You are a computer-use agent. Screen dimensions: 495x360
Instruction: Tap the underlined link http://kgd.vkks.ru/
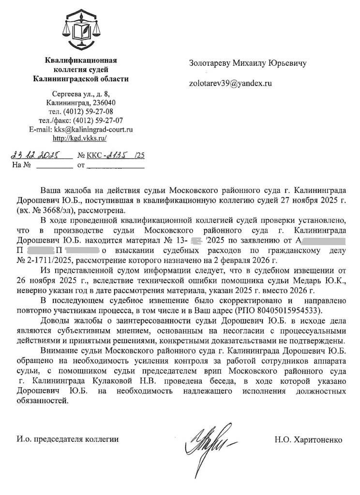tap(79, 138)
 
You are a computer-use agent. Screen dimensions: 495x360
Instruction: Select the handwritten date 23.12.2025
tap(41, 155)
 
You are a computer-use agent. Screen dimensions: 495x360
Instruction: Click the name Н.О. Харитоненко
tap(308, 440)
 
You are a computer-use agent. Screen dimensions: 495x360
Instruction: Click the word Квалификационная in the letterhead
tap(81, 61)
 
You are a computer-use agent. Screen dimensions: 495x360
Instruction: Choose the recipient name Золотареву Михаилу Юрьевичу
tap(247, 63)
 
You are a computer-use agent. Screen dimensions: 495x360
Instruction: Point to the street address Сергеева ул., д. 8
tap(81, 94)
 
